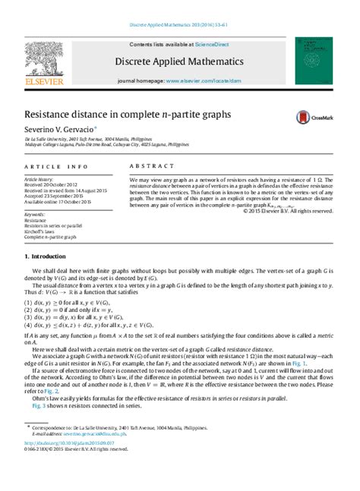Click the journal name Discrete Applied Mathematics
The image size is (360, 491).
point(178,60)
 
